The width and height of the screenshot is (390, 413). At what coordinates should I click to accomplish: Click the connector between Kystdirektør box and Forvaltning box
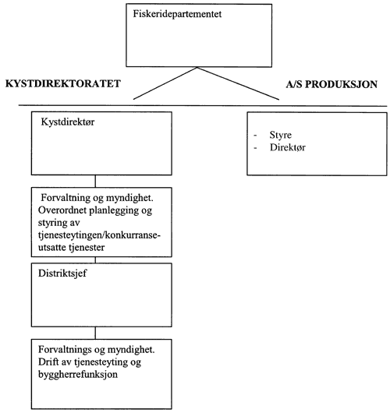96,181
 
